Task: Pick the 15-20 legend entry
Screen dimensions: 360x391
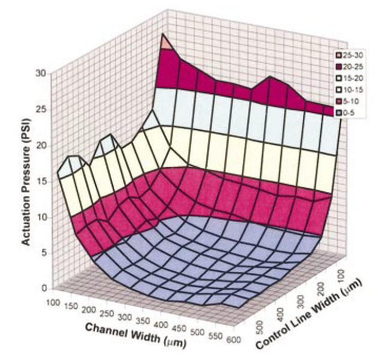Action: [351, 78]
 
